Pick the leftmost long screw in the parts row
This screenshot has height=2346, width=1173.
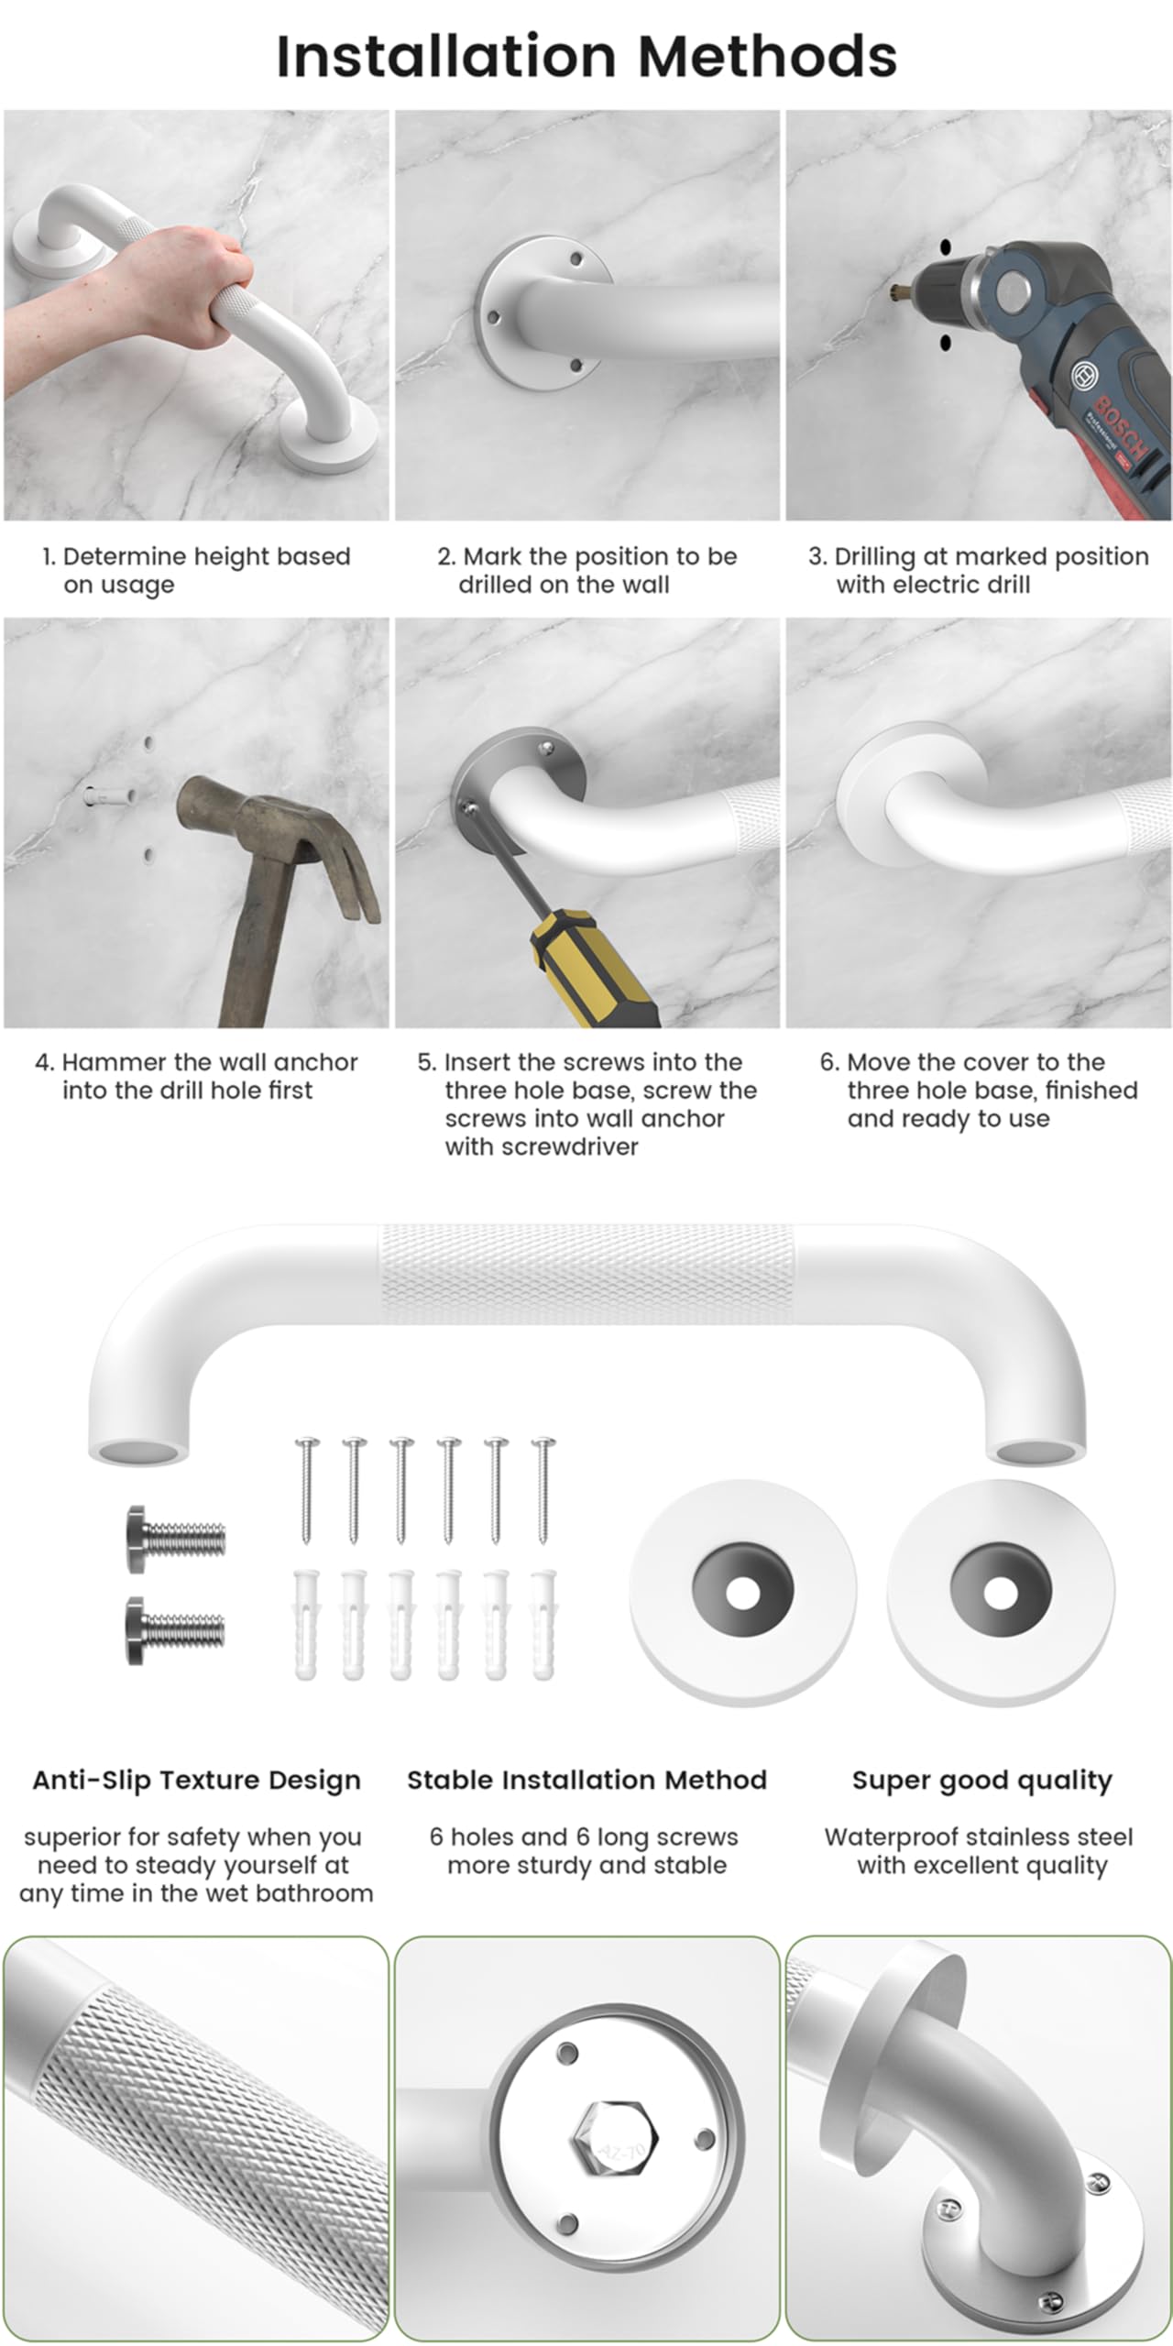(306, 1490)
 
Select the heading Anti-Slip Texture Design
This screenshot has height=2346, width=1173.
(197, 1781)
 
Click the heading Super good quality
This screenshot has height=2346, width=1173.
(982, 1781)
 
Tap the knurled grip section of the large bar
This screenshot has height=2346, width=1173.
(587, 1275)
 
